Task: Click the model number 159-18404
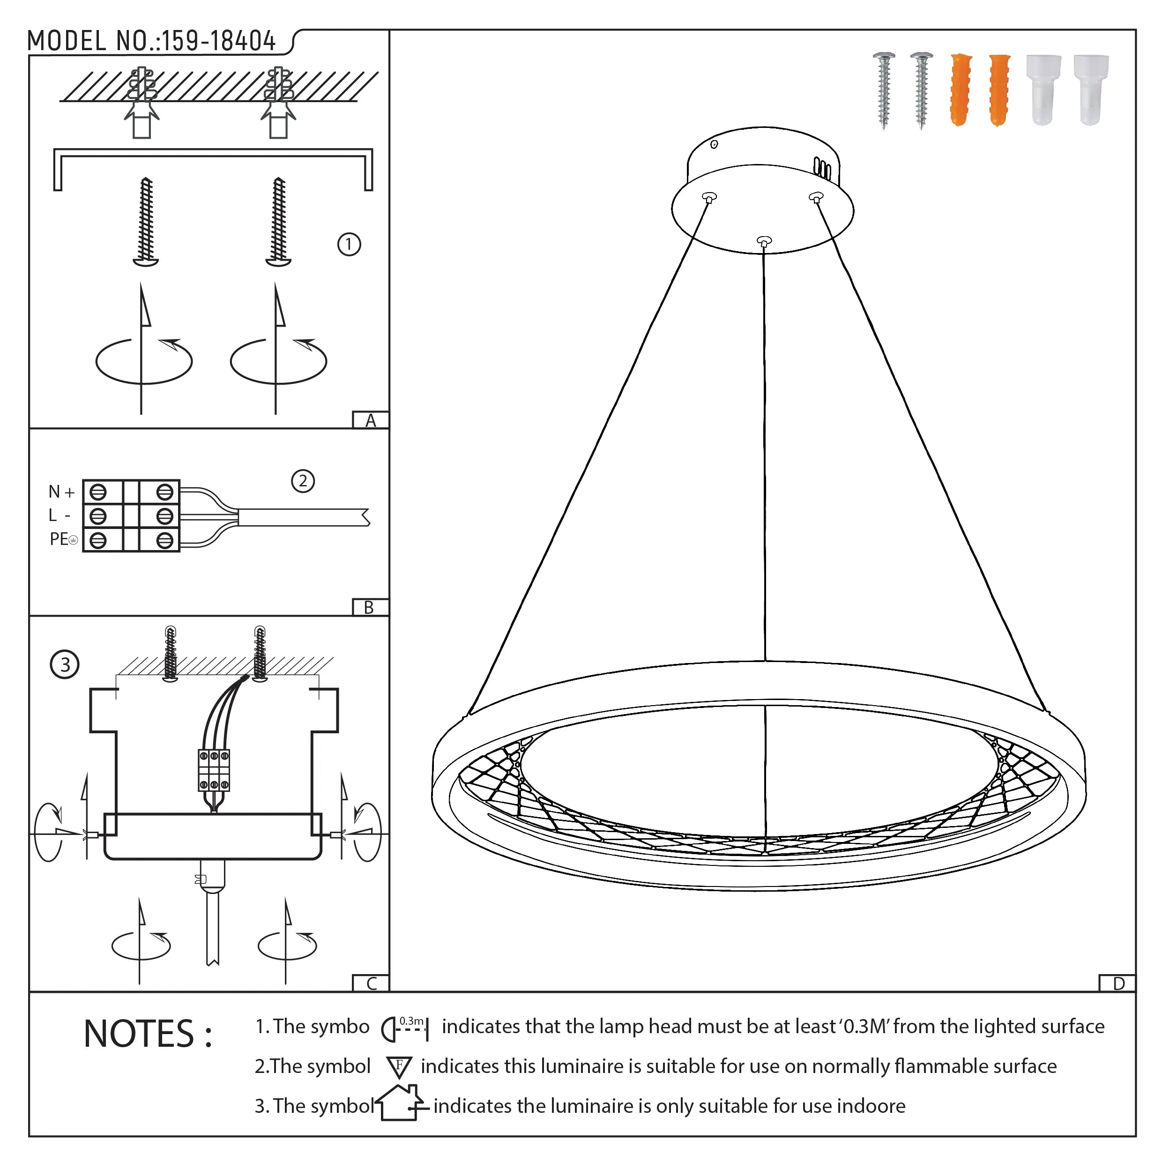pyautogui.click(x=218, y=41)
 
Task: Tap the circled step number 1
pyautogui.click(x=349, y=245)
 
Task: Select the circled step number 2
pyautogui.click(x=303, y=481)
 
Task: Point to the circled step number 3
pyautogui.click(x=65, y=664)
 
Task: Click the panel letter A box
pyautogui.click(x=371, y=420)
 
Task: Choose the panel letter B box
pyautogui.click(x=369, y=607)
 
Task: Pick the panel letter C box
pyautogui.click(x=371, y=983)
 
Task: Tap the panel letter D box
pyautogui.click(x=1118, y=983)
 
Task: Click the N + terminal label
pyautogui.click(x=61, y=492)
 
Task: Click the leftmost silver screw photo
pyautogui.click(x=884, y=90)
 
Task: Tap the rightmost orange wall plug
pyautogui.click(x=999, y=90)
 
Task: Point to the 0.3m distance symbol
pyautogui.click(x=405, y=1027)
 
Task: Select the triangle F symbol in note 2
pyautogui.click(x=399, y=1067)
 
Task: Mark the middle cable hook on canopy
pyautogui.click(x=763, y=242)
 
